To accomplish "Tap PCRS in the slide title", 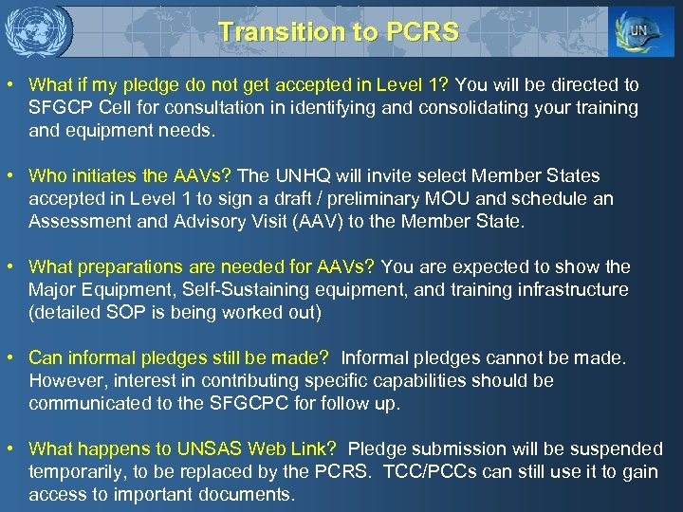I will pos(423,31).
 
